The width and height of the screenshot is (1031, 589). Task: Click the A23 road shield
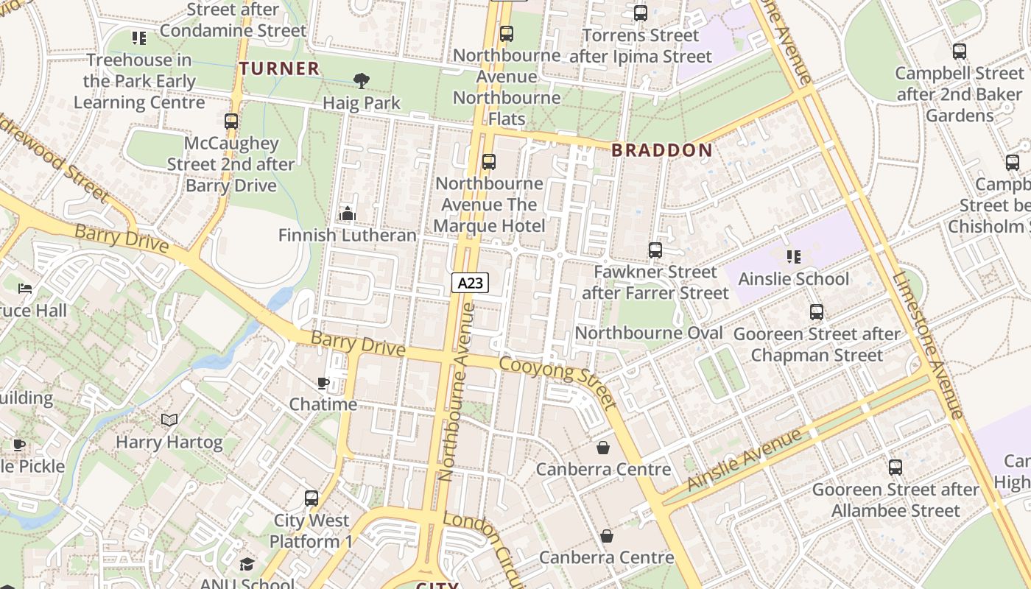(x=470, y=283)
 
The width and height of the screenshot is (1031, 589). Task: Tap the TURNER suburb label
(x=280, y=69)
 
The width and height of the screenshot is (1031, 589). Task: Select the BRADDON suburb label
(x=662, y=151)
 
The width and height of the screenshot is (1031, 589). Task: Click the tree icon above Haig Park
(x=361, y=81)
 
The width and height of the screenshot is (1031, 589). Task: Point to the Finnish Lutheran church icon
(x=347, y=214)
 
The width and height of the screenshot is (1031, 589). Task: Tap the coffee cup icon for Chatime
(x=323, y=383)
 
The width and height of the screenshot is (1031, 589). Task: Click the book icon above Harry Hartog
(x=169, y=420)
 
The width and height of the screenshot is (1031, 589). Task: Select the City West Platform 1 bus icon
(x=312, y=498)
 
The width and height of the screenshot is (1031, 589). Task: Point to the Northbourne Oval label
(x=649, y=333)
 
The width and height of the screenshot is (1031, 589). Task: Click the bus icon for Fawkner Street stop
(x=655, y=250)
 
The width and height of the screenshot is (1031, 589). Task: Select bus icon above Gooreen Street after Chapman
(x=817, y=312)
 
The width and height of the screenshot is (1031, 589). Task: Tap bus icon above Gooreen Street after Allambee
(x=895, y=468)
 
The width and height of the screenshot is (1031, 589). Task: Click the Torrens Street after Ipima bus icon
(x=641, y=13)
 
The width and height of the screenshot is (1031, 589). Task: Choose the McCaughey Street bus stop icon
(x=231, y=121)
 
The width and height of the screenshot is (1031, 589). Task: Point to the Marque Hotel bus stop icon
(x=489, y=162)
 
